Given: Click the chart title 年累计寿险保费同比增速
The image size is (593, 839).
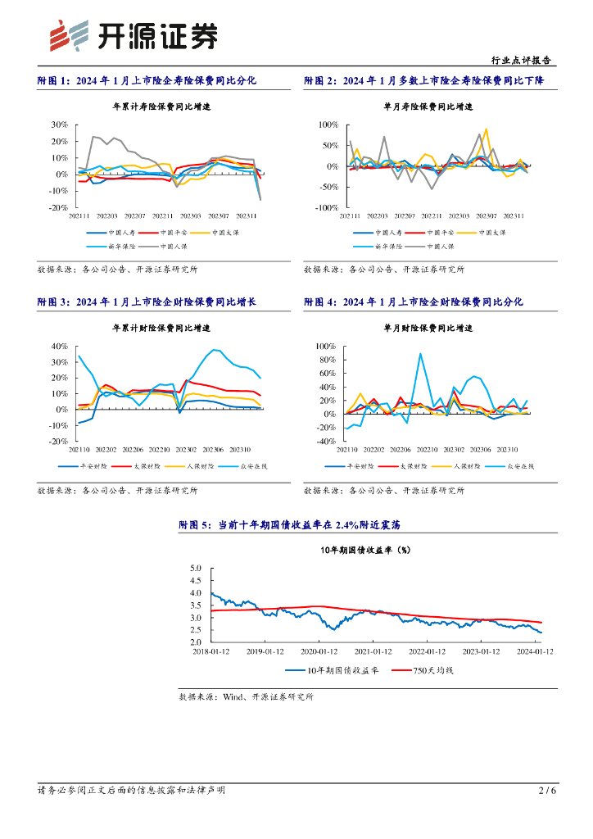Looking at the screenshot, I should coord(161,107).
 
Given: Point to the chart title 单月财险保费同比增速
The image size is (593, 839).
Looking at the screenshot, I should coord(428,328).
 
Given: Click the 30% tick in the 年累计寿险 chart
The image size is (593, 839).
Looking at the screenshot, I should coord(59,125).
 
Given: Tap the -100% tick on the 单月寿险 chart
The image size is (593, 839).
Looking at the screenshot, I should coord(328,208).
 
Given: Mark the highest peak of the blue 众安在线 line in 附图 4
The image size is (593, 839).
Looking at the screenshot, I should coord(420,354).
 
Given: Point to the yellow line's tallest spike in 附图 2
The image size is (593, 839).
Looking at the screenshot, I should coord(487,129).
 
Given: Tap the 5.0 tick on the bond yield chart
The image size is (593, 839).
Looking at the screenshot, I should coord(196,568).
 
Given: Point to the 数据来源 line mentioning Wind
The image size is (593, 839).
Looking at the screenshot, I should coord(246,696).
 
